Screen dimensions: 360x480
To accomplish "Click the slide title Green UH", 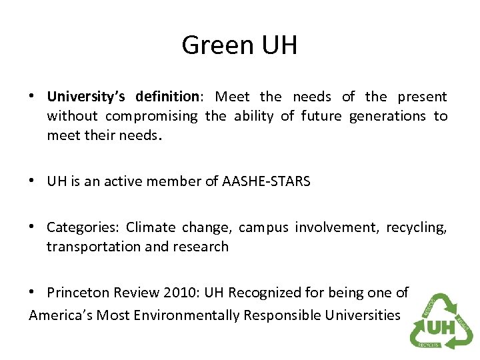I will [x=239, y=45].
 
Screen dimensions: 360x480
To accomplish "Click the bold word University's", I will [x=85, y=97].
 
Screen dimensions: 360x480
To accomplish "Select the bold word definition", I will [x=166, y=97].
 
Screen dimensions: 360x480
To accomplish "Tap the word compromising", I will [x=152, y=116].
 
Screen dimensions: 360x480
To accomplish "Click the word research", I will [x=201, y=247].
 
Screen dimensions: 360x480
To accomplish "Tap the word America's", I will [x=61, y=315].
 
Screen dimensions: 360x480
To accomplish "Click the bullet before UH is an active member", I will [x=33, y=181].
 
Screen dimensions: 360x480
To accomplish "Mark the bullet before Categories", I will [x=33, y=227].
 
